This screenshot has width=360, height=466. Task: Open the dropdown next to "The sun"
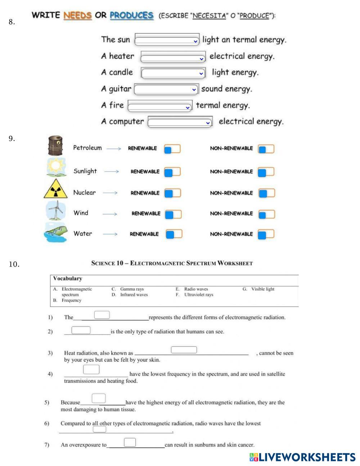click(167, 40)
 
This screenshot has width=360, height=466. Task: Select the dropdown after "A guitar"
click(166, 89)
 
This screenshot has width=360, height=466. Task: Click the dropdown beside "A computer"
click(180, 122)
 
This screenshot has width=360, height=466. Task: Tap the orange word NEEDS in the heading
click(77, 15)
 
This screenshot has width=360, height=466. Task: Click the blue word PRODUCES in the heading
click(131, 15)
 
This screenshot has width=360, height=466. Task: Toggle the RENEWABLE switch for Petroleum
click(172, 149)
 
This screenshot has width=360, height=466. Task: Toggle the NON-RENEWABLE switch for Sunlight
click(266, 172)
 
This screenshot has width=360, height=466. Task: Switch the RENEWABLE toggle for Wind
click(173, 215)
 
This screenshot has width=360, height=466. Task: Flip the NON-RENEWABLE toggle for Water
click(266, 234)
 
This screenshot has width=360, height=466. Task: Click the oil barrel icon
click(55, 145)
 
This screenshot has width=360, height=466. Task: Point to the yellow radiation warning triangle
click(55, 189)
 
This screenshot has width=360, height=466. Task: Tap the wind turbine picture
click(56, 210)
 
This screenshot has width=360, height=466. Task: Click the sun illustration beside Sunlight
click(56, 167)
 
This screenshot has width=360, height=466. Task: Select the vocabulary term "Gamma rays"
click(132, 289)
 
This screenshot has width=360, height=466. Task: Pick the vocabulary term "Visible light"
click(262, 289)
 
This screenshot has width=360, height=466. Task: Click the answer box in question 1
click(102, 315)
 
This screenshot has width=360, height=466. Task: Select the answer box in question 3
click(184, 350)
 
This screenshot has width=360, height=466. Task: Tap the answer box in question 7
click(130, 442)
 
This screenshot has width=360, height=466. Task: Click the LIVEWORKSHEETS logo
click(302, 457)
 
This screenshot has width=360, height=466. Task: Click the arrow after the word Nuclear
click(110, 193)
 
